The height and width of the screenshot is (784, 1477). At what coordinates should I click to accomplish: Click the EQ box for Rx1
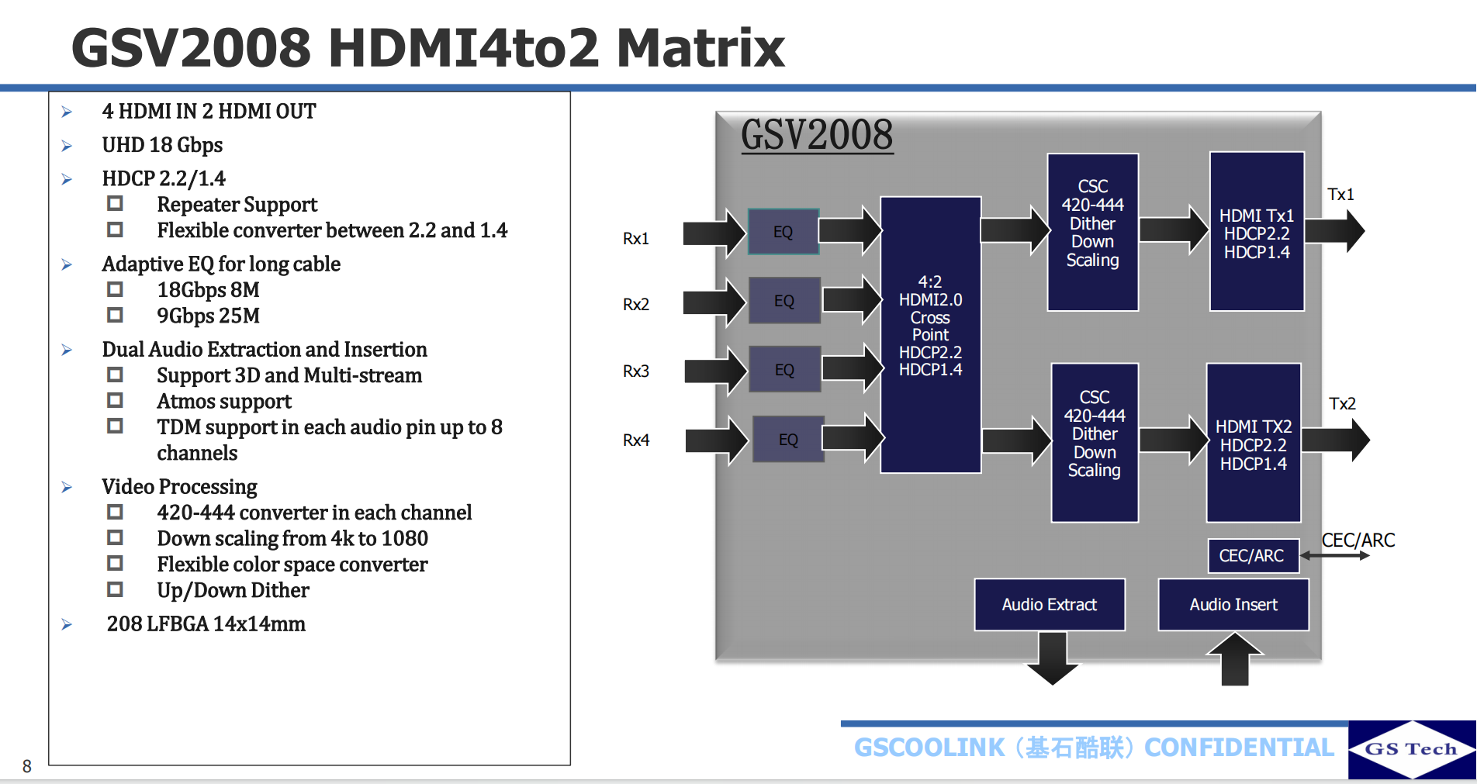pyautogui.click(x=783, y=232)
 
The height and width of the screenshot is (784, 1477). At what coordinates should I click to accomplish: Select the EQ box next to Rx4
pyautogui.click(x=787, y=440)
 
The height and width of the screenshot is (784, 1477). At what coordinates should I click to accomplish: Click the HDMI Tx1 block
pyautogui.click(x=1257, y=232)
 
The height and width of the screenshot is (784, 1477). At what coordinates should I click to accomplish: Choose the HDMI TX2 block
pyautogui.click(x=1253, y=444)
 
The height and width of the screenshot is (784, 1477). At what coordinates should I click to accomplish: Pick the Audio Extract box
pyautogui.click(x=1049, y=604)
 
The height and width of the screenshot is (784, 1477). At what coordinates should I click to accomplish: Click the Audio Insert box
pyautogui.click(x=1233, y=604)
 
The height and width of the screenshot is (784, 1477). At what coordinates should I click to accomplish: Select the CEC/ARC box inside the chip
pyautogui.click(x=1251, y=555)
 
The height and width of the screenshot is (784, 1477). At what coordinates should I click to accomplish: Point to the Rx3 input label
pyautogui.click(x=636, y=371)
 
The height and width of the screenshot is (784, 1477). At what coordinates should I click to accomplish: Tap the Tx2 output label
pyautogui.click(x=1342, y=404)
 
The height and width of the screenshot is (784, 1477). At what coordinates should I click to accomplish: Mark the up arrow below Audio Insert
pyautogui.click(x=1234, y=659)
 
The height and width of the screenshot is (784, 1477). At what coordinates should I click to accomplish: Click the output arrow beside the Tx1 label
pyautogui.click(x=1336, y=231)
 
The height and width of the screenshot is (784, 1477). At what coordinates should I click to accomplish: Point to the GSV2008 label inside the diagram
pyautogui.click(x=817, y=135)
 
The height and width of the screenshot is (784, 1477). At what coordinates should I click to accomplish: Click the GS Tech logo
pyautogui.click(x=1411, y=749)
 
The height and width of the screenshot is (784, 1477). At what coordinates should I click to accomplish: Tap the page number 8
pyautogui.click(x=27, y=766)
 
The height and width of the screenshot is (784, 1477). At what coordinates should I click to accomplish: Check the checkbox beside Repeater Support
pyautogui.click(x=116, y=204)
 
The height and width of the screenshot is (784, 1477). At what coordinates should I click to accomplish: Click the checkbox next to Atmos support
pyautogui.click(x=116, y=401)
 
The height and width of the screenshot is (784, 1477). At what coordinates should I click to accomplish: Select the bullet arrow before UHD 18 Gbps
pyautogui.click(x=67, y=146)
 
